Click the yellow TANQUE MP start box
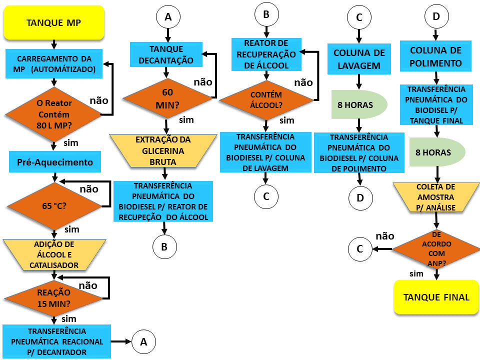pyautogui.click(x=54, y=22)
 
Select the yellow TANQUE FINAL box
pyautogui.click(x=436, y=297)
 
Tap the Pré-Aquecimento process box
pyautogui.click(x=55, y=162)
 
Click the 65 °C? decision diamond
pyautogui.click(x=54, y=206)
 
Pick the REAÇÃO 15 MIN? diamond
pyautogui.click(x=54, y=298)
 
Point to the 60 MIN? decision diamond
pyautogui.click(x=167, y=98)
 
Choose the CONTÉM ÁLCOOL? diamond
pyautogui.click(x=266, y=100)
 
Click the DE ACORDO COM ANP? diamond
pyautogui.click(x=436, y=249)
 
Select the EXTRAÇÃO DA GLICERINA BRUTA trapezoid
pyautogui.click(x=163, y=150)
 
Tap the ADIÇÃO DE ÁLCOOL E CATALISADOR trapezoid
pyautogui.click(x=54, y=254)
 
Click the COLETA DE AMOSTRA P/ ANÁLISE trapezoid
pyautogui.click(x=436, y=197)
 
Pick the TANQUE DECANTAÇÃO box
pyautogui.click(x=166, y=54)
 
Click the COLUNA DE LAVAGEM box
pyautogui.click(x=359, y=59)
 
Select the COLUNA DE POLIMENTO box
pyautogui.click(x=435, y=56)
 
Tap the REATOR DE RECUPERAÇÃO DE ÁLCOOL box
pyautogui.click(x=266, y=54)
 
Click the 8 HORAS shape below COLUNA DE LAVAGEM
pyautogui.click(x=359, y=104)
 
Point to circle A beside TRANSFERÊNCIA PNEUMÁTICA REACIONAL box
pyautogui.click(x=143, y=341)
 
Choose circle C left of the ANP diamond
pyautogui.click(x=360, y=249)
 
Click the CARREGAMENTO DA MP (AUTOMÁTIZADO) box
pyautogui.click(x=54, y=63)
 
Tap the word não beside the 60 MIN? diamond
pyautogui.click(x=203, y=82)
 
